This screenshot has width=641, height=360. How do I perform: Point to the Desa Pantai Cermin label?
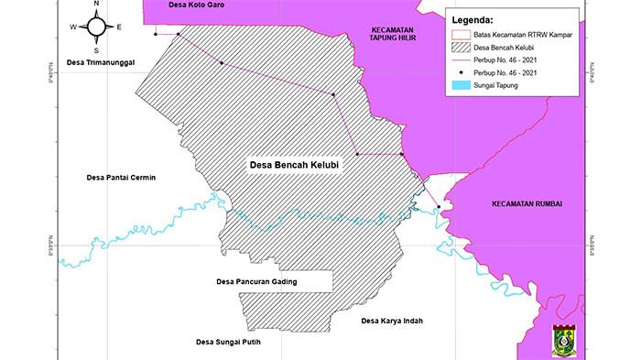point(115,178)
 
